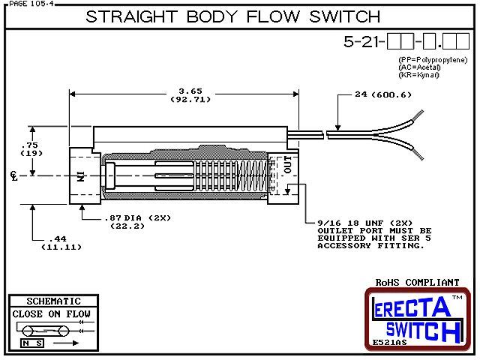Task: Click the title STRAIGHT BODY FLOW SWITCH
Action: [232, 16]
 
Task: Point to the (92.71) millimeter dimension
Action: [183, 98]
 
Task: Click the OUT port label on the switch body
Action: [287, 165]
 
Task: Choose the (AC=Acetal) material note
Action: [421, 67]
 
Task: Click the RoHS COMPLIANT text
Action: [418, 283]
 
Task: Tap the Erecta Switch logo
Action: [417, 317]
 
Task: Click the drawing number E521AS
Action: [389, 343]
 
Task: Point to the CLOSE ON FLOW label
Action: [50, 313]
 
